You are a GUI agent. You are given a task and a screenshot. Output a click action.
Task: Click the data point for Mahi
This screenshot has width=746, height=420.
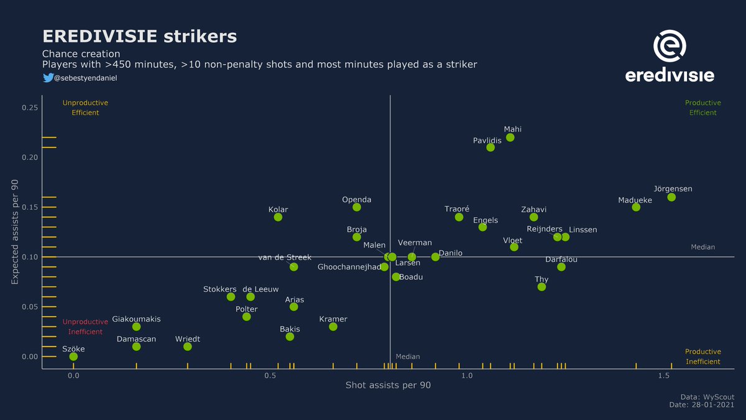click(x=510, y=138)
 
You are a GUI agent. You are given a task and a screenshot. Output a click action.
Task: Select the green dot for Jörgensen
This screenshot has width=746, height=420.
click(x=671, y=197)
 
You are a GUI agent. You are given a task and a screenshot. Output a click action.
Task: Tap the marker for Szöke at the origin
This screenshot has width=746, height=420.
click(x=73, y=357)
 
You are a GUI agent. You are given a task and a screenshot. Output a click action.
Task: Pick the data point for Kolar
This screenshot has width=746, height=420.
click(x=278, y=217)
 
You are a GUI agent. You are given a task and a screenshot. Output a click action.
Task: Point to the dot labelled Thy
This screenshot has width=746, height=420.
click(x=541, y=287)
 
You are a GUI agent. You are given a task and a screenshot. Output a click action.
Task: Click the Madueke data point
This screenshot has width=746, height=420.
click(x=636, y=207)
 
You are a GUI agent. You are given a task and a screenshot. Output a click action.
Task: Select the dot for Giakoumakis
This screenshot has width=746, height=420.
click(x=136, y=327)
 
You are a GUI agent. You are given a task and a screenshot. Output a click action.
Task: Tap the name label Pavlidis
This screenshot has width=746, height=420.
click(x=487, y=141)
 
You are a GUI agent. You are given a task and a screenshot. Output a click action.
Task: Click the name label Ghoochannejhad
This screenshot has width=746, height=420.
click(x=349, y=267)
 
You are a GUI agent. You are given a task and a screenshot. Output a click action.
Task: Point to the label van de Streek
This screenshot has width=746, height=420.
click(x=285, y=258)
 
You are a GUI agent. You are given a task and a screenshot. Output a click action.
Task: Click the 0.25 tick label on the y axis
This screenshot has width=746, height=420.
click(x=29, y=108)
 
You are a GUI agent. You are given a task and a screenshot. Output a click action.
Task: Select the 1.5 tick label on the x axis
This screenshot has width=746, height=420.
click(x=663, y=376)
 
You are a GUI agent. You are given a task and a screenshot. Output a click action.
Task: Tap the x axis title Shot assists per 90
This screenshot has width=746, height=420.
click(x=388, y=386)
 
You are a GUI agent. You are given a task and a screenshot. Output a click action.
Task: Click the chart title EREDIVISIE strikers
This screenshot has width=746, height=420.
click(x=139, y=36)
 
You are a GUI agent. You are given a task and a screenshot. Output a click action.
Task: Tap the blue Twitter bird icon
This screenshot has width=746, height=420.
click(x=48, y=78)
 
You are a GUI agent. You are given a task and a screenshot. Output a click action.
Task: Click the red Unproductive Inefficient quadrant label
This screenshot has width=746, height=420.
click(x=85, y=327)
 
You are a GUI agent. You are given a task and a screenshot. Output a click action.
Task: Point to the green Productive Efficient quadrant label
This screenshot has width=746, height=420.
click(x=702, y=108)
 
